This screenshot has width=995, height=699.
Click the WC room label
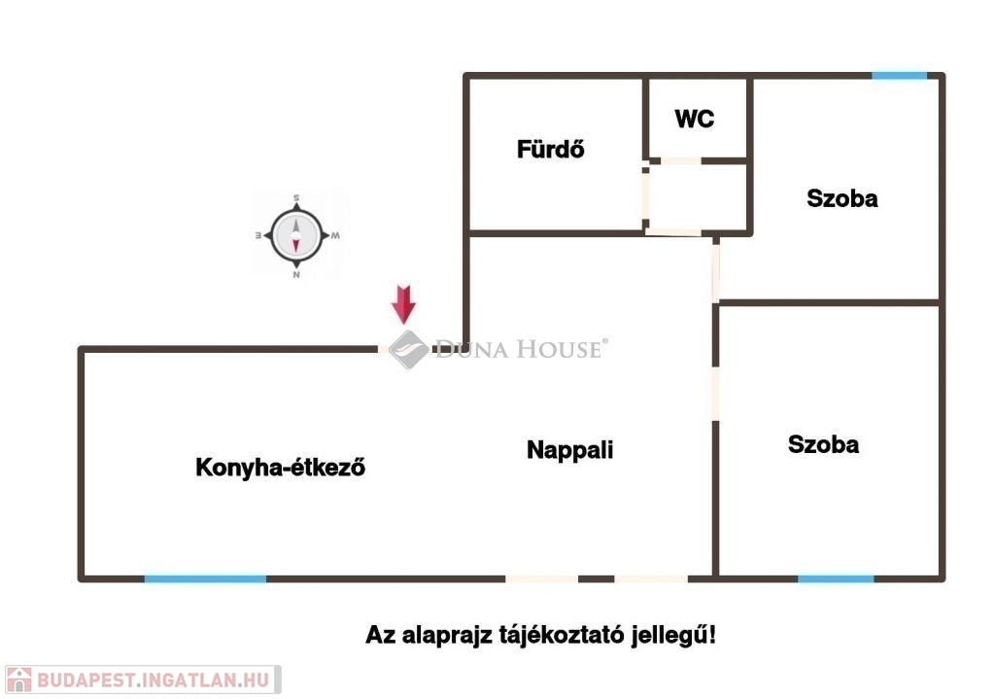[x=694, y=119]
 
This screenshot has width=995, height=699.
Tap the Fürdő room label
[x=550, y=149]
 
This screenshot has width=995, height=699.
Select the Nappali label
[x=569, y=450]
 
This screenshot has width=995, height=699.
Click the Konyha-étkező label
[x=280, y=468]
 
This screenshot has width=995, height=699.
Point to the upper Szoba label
[x=842, y=198]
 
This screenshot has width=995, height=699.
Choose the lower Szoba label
[x=823, y=444]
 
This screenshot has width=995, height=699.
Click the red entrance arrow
[x=403, y=304]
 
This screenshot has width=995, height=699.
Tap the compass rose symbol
[x=296, y=235]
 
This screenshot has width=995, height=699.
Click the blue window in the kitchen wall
[x=205, y=579]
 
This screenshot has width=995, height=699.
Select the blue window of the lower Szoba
[x=836, y=579]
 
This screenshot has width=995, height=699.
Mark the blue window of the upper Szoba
[x=899, y=76]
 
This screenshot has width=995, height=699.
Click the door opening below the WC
[x=680, y=161]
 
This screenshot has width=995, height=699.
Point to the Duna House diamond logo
[x=408, y=349]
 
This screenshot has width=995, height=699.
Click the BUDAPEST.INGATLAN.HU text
[x=154, y=680]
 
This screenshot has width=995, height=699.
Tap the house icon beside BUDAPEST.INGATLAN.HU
[x=19, y=680]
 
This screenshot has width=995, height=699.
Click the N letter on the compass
[x=296, y=275]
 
